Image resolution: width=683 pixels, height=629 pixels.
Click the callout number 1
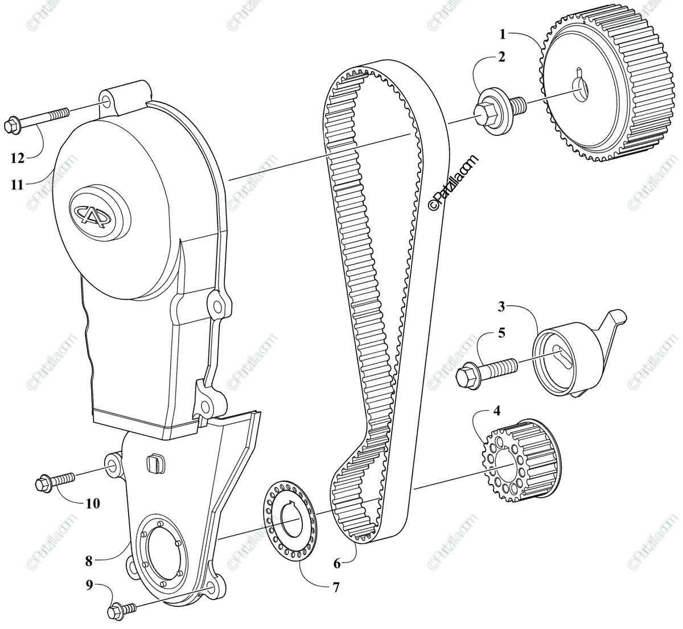point(502,34)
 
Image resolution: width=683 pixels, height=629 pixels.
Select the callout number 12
point(18,158)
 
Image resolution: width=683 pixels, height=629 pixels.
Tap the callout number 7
point(336,587)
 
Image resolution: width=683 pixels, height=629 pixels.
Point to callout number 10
point(92,503)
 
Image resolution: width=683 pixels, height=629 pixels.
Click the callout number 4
point(497,410)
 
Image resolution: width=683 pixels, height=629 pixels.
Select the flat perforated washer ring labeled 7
point(289,520)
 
